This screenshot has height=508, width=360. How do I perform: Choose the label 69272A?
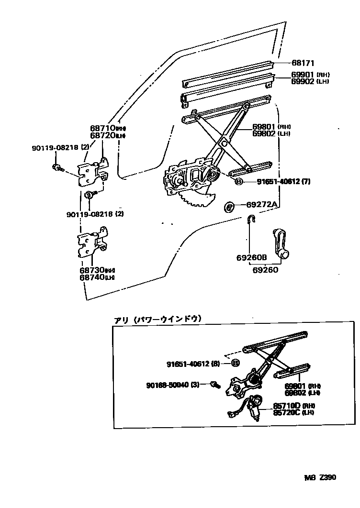point(262,205)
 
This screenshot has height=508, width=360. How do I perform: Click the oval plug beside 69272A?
point(230,207)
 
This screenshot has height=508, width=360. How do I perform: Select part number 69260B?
point(251,257)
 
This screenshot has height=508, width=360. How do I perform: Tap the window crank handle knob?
point(285,254)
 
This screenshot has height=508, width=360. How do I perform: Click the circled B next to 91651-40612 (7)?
point(239,182)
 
